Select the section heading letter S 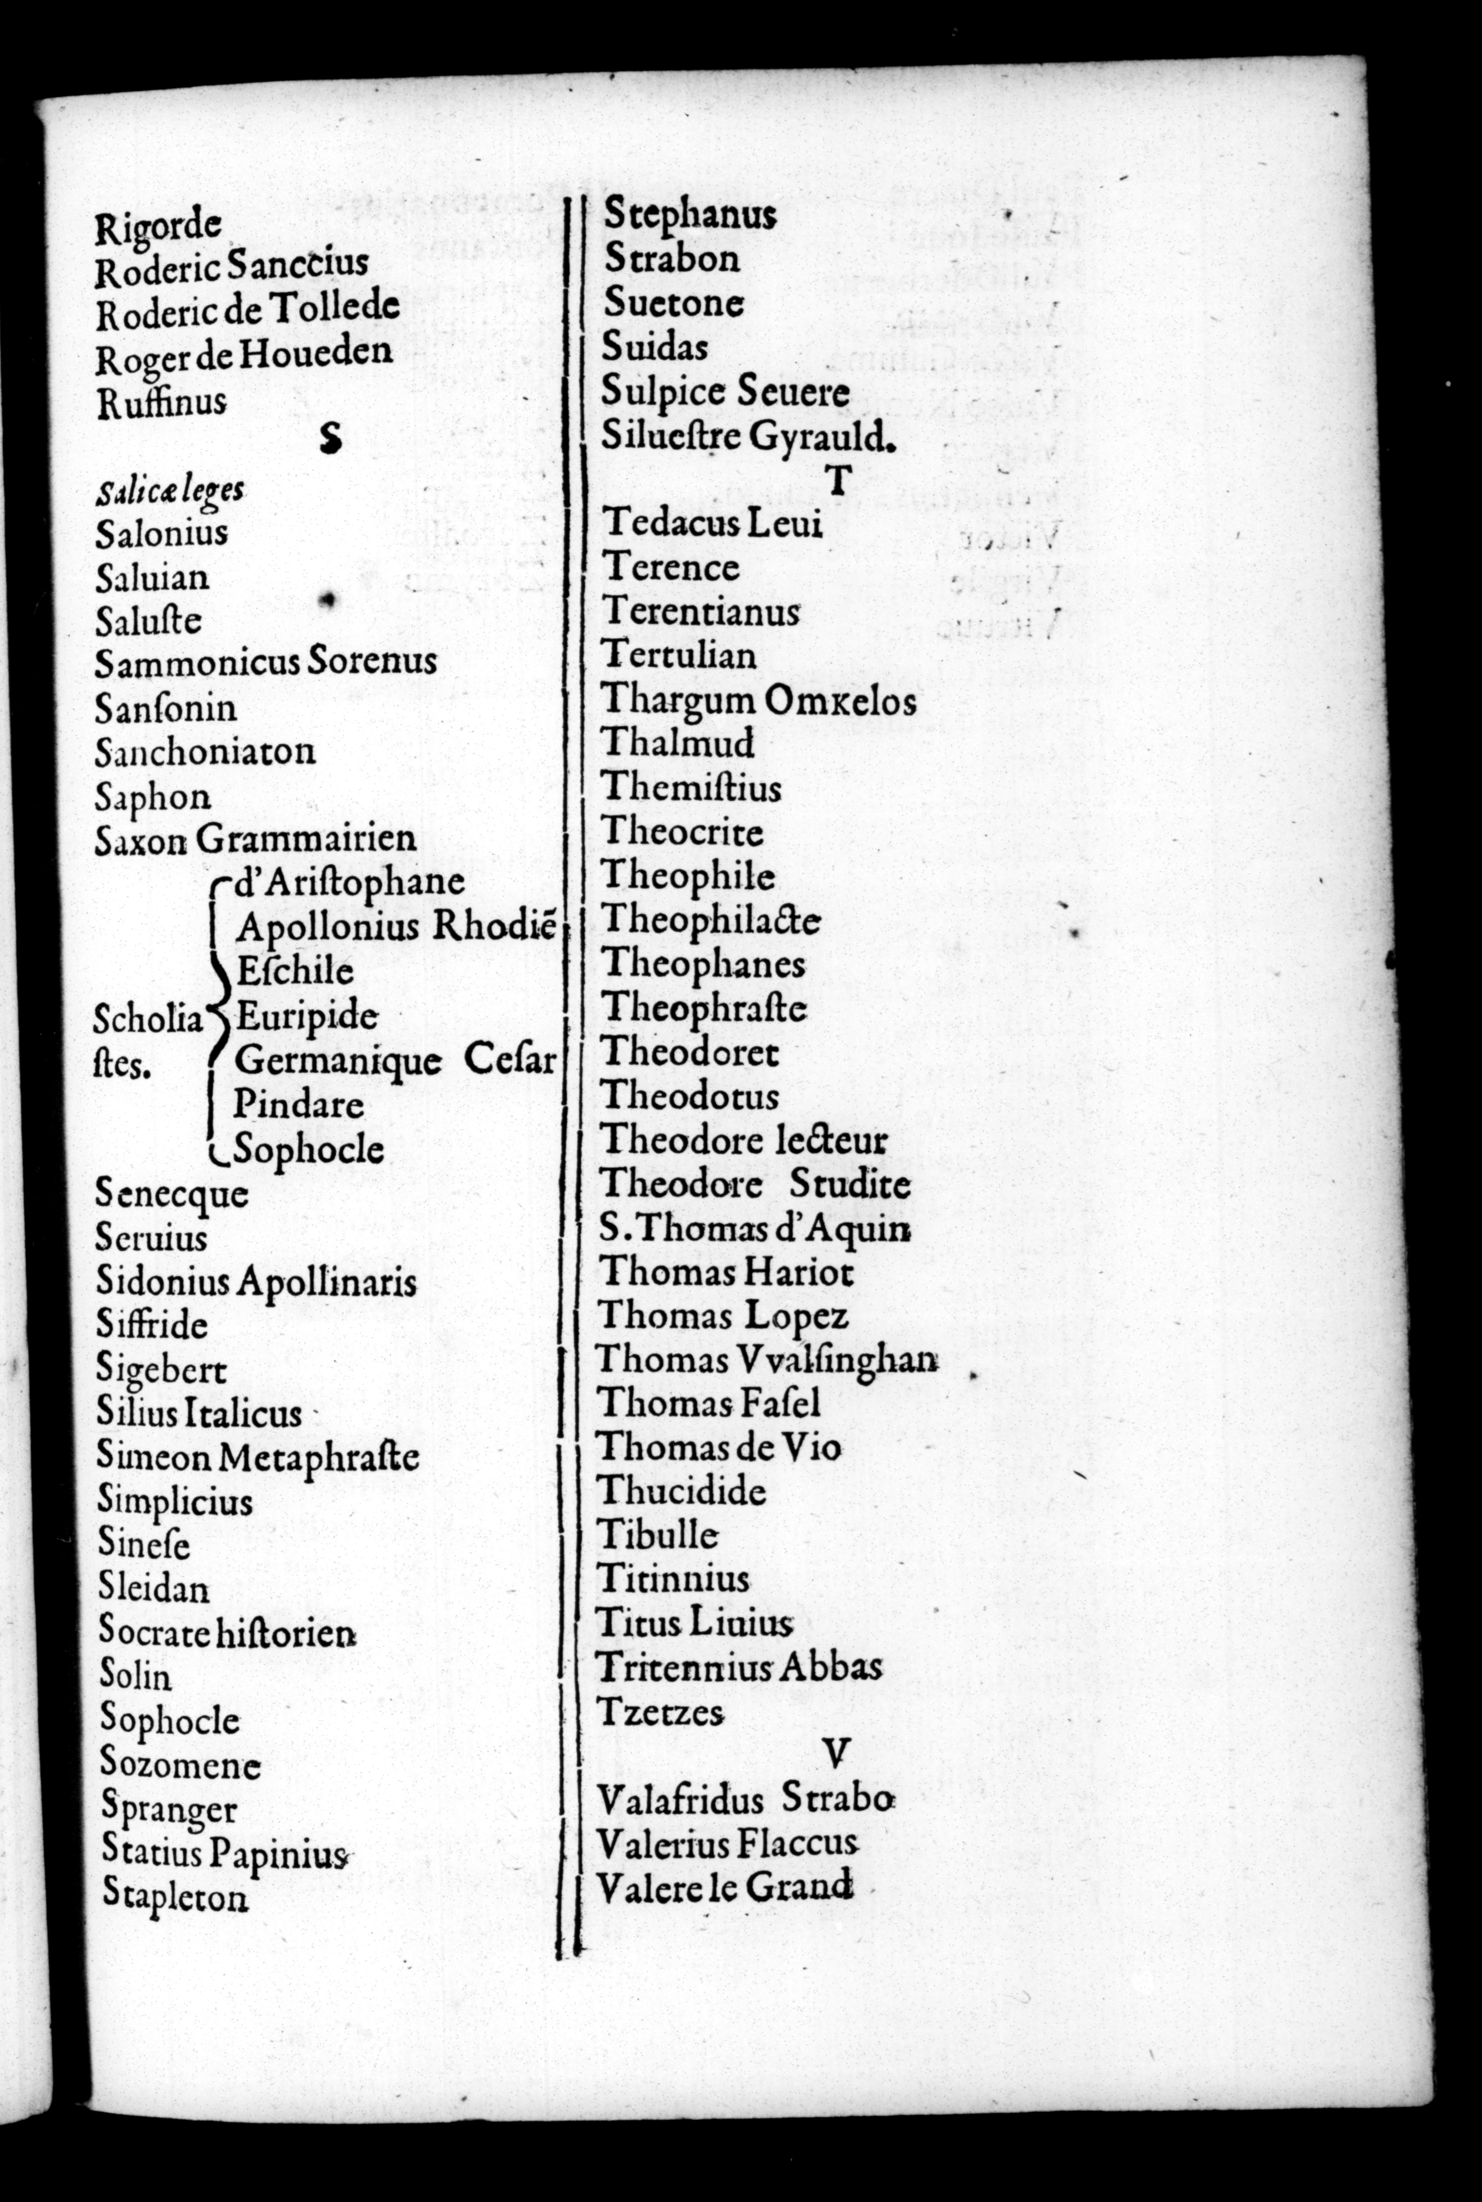[x=330, y=438]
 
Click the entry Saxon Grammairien [x=255, y=838]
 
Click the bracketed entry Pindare [x=299, y=1104]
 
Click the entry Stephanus [x=690, y=216]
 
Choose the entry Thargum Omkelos [x=758, y=700]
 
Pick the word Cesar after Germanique [x=509, y=1060]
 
